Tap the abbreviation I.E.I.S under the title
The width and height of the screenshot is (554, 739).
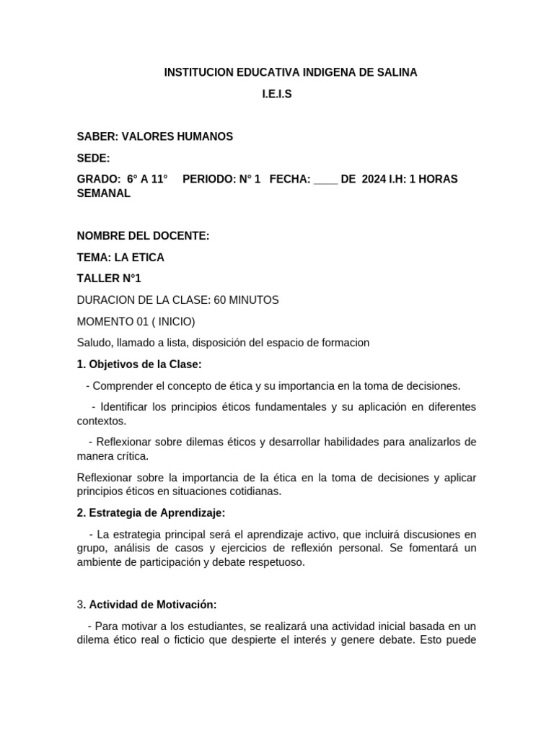pos(276,95)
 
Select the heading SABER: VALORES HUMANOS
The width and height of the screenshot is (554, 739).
pos(155,136)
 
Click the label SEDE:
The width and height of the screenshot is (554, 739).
pos(94,158)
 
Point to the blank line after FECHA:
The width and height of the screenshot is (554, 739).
pos(326,179)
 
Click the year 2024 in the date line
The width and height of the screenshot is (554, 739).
pos(374,179)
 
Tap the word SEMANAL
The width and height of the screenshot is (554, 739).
pos(104,193)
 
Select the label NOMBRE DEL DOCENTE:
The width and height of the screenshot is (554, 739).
pos(143,235)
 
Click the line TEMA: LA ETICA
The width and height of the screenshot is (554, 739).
pos(120,257)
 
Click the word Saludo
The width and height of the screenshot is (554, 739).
pos(94,343)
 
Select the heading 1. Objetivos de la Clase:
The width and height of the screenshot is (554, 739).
pos(139,364)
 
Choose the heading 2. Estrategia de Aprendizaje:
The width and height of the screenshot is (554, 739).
pos(151,512)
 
